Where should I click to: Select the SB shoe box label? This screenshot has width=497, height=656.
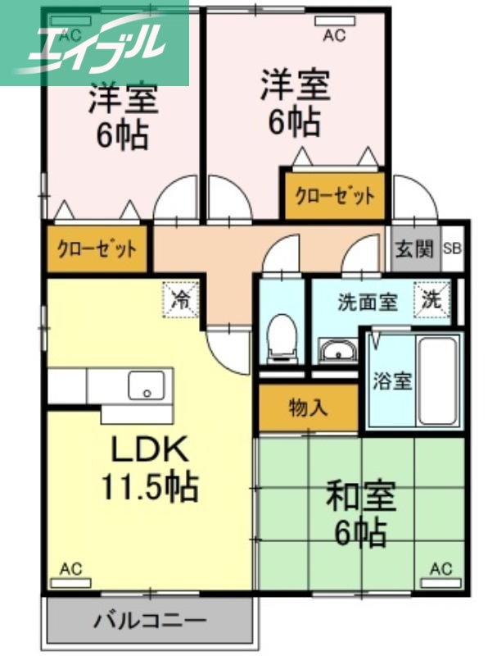452,248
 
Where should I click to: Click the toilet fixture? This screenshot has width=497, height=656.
282,336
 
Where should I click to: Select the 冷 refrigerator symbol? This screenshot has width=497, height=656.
182,298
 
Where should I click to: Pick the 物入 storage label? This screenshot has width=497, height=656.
308,408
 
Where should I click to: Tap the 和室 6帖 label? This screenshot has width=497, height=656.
361,514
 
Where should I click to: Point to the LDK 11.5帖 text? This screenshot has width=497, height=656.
150,468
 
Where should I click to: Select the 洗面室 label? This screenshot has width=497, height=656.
368,302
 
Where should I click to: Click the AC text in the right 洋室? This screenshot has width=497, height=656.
334,35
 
